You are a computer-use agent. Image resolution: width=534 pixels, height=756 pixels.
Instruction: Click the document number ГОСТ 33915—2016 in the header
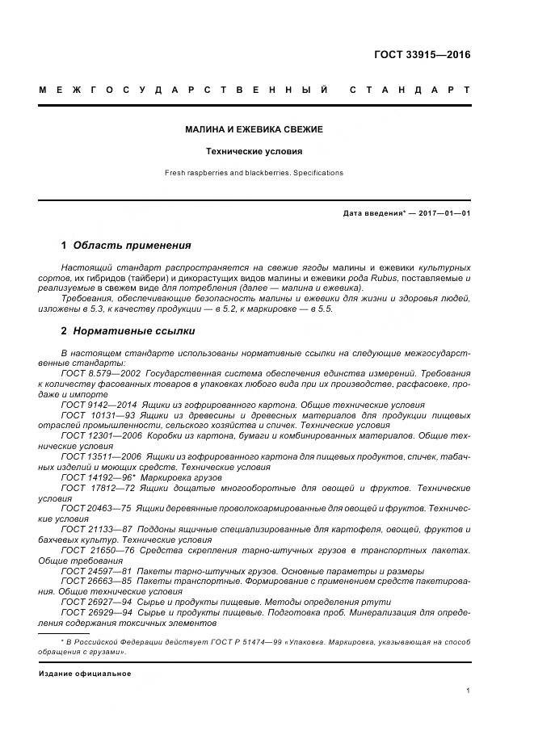click(422, 56)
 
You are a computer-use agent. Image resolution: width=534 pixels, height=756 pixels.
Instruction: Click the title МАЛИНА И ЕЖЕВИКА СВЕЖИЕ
click(254, 129)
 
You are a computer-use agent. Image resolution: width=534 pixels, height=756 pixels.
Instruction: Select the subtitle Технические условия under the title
click(254, 151)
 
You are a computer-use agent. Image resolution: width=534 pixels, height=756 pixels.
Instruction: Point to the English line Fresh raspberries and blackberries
click(254, 173)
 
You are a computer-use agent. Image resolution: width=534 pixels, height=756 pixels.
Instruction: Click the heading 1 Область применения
click(126, 246)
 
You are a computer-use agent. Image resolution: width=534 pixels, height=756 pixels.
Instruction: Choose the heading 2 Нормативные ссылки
click(128, 331)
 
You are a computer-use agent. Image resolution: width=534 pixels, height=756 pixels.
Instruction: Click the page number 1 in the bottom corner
click(468, 690)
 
